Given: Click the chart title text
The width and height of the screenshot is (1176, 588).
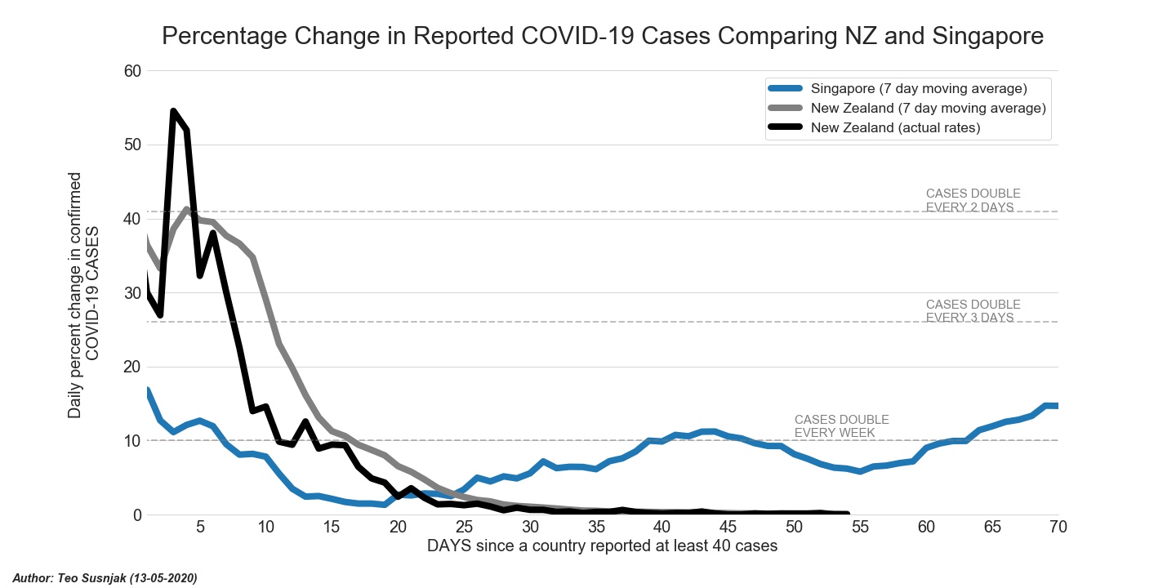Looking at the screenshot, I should point(603,36).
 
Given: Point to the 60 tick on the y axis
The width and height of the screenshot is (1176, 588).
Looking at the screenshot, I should point(132,71).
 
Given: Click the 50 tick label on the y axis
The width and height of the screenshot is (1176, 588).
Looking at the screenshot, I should point(132,145).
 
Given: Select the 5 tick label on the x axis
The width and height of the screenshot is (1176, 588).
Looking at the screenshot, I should point(200,528).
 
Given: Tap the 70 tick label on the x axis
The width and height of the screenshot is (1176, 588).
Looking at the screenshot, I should point(1058,528).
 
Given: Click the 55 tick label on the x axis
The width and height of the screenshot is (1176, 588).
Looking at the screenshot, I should point(860,528).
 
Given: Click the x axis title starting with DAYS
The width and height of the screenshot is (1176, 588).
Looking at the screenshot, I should point(602,546).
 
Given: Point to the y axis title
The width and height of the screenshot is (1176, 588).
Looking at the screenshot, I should point(83,295).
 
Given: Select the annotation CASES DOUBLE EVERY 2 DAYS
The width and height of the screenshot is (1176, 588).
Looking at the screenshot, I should point(973,200).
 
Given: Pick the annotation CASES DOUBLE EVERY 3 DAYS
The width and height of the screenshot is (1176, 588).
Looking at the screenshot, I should point(973,311).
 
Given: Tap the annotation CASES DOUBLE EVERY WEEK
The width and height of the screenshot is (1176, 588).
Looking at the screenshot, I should point(841,426).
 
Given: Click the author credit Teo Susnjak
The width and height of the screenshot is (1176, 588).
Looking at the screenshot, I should point(105,578).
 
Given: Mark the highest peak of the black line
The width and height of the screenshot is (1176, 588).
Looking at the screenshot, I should point(174,111).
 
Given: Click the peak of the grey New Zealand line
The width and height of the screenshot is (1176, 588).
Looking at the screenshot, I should point(187,210).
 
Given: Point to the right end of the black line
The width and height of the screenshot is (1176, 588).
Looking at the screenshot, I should point(847,514).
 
